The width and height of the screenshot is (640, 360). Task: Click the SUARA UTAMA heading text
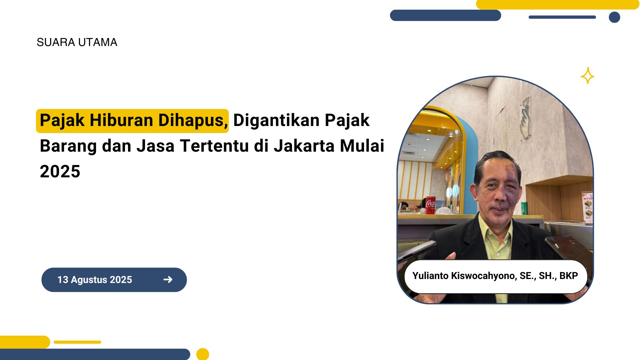point(77,42)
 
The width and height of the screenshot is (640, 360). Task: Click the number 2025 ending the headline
point(60,171)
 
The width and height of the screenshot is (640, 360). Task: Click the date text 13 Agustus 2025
point(95,280)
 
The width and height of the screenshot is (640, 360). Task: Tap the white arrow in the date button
point(168,279)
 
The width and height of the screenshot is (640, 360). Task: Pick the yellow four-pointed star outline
point(587,76)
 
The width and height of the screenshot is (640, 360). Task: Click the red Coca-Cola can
point(430,205)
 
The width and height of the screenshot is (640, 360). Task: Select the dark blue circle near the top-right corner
point(614,17)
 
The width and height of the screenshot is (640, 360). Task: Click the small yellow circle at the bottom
point(203,354)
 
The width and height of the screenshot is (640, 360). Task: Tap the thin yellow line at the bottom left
point(77,342)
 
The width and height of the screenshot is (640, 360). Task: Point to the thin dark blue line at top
point(562,17)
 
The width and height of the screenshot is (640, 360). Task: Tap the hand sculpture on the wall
point(524,118)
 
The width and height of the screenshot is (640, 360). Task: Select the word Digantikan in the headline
point(277,120)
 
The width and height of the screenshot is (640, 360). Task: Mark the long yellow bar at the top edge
point(558,4)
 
